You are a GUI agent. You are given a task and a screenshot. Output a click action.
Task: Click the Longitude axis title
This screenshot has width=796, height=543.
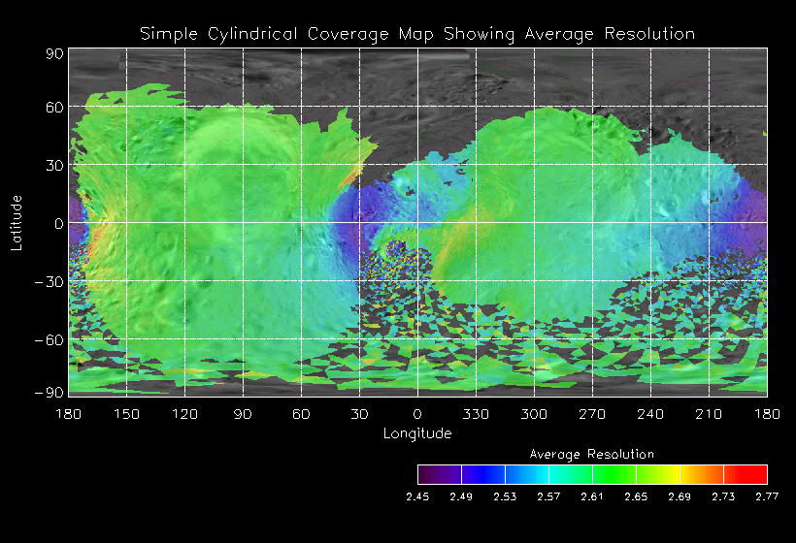coord(417,433)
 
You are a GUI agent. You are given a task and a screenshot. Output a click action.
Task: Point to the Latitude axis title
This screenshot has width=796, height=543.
coord(17,222)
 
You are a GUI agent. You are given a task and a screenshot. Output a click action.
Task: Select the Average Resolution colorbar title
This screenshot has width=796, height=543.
coord(592,454)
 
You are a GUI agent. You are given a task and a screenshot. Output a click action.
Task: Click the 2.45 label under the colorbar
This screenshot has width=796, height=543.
coord(417,496)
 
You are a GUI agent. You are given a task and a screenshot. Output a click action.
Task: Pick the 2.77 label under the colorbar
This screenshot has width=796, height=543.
coord(767,496)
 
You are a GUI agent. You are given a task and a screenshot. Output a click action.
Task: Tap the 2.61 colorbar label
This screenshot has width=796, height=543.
coord(592,496)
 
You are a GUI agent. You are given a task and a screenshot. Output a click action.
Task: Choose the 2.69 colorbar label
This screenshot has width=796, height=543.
coord(680,496)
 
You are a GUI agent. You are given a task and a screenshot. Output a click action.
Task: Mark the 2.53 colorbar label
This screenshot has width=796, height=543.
coord(505,496)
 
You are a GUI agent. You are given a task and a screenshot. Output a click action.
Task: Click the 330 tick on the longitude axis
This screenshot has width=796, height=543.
coord(476,414)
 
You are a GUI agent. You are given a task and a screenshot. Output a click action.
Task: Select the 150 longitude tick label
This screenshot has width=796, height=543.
coord(127,414)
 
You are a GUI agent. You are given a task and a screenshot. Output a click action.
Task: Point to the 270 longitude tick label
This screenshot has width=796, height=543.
coord(592,414)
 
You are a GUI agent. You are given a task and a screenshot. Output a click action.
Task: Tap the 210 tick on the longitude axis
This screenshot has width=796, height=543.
coord(709,414)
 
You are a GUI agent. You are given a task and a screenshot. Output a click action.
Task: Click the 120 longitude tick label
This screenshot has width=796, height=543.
coord(185,414)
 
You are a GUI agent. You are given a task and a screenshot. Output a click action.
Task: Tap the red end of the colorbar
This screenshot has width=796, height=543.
coord(756,474)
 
